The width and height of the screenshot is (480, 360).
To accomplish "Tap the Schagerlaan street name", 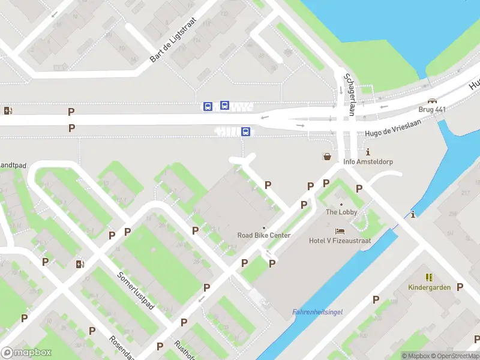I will [x=347, y=95].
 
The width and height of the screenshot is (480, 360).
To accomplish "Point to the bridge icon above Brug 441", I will [x=432, y=101].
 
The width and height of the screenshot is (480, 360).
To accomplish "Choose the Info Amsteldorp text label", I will [x=367, y=161].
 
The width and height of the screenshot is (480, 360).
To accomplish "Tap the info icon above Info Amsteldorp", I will [x=368, y=152].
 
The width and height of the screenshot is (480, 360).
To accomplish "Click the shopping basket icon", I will [x=328, y=157].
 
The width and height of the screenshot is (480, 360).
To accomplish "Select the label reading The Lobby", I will [x=341, y=212].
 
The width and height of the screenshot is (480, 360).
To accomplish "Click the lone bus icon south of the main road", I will [x=245, y=131].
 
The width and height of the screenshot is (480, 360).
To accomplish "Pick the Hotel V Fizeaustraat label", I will [x=340, y=241].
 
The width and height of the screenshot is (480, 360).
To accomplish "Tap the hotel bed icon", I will [x=340, y=231].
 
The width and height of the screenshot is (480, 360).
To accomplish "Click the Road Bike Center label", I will [x=264, y=235].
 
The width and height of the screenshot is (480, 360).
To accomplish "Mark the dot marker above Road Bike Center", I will [x=264, y=227].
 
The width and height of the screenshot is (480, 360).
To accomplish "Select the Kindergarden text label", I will [x=429, y=287].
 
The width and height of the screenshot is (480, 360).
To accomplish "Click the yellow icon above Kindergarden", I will [x=429, y=277].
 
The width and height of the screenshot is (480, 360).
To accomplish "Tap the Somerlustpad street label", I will [x=136, y=290].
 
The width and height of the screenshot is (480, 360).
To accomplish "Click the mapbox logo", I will [x=27, y=353].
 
